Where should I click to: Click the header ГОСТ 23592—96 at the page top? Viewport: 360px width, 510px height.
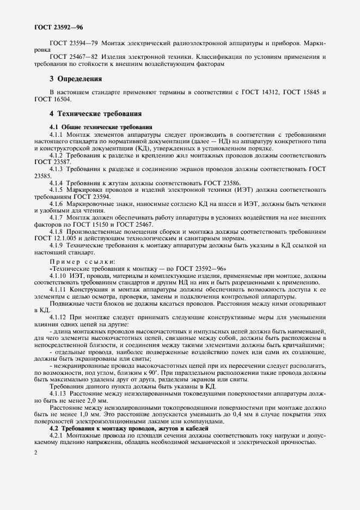coord(58,26)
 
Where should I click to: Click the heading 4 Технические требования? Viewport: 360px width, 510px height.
coord(95,114)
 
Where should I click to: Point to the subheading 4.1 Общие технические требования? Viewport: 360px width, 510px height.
coord(93,126)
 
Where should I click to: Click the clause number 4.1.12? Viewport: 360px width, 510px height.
coord(60,317)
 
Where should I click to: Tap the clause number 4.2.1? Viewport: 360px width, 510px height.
coord(58,435)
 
